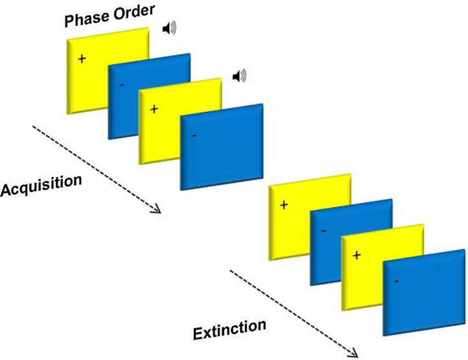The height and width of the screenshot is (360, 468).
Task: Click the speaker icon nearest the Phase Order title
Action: (x=169, y=29)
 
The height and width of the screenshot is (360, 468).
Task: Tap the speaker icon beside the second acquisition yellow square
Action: (x=240, y=77)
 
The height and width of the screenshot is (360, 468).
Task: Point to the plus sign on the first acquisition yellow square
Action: (x=82, y=59)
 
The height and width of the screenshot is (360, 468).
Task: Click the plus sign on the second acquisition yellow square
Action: (x=154, y=108)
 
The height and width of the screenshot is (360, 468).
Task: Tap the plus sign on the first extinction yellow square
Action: (x=283, y=205)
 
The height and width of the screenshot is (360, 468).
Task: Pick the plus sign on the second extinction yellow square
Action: (x=355, y=254)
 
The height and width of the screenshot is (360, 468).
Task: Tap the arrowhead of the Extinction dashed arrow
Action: (x=353, y=354)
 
